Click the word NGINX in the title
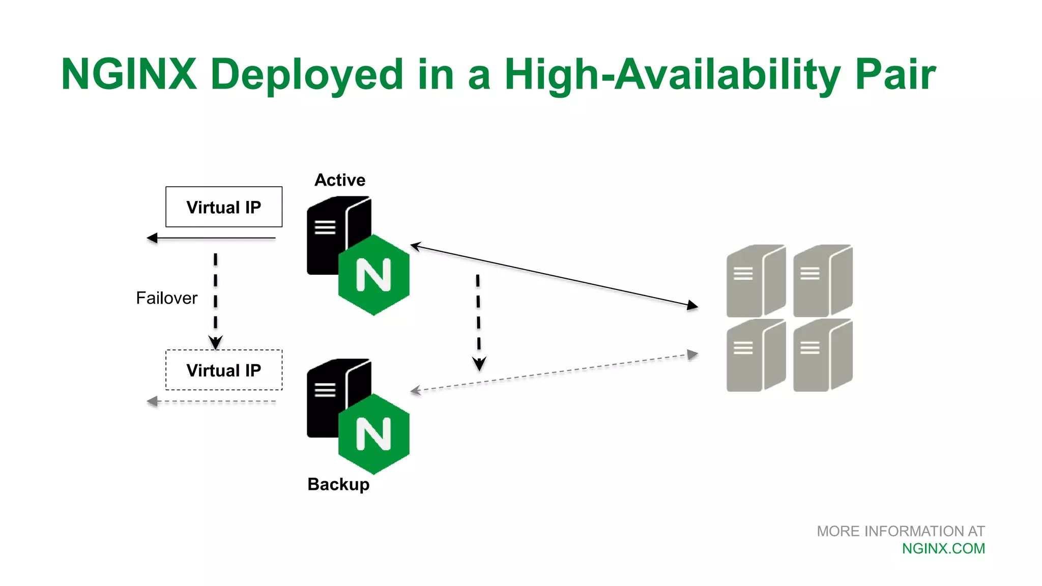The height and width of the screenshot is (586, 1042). tap(129, 74)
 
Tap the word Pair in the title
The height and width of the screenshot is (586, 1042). tap(895, 74)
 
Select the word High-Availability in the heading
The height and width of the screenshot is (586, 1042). tap(672, 74)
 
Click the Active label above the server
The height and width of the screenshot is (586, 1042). tap(340, 180)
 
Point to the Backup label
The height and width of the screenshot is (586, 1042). tap(338, 484)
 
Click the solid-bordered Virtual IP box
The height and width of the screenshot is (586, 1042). tap(224, 207)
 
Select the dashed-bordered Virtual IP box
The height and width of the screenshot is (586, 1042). tap(224, 370)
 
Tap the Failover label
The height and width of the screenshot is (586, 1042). tap(166, 298)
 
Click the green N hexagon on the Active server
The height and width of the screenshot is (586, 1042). tap(374, 275)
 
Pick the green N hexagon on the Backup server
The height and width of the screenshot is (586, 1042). tap(374, 434)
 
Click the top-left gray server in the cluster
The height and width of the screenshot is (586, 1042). tap(756, 281)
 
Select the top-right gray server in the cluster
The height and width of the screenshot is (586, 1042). tap(823, 281)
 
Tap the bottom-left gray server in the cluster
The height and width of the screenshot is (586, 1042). tap(756, 356)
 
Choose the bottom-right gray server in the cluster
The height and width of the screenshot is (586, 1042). tap(823, 356)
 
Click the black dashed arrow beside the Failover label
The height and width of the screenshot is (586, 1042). tap(216, 300)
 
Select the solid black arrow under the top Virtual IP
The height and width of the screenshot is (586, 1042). tap(211, 238)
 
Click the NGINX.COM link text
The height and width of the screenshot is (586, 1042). tap(943, 549)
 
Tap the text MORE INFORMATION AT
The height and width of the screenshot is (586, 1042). tap(901, 532)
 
